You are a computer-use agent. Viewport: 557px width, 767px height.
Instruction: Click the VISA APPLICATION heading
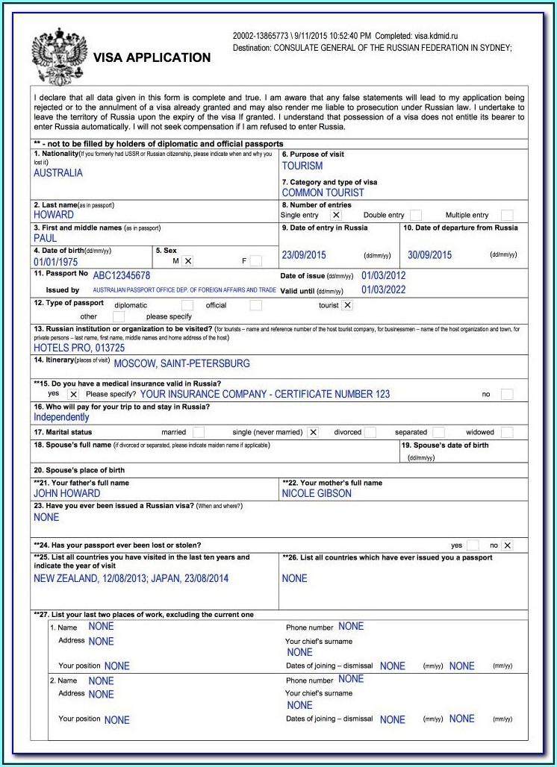(x=152, y=57)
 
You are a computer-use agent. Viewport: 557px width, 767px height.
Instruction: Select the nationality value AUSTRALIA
(x=58, y=173)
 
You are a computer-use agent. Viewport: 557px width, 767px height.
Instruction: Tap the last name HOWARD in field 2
(x=54, y=215)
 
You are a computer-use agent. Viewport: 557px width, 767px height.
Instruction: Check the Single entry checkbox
(x=336, y=215)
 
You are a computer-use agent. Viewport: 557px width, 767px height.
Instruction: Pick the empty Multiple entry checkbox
(x=507, y=215)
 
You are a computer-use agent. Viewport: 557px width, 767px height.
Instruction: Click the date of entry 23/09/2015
(x=304, y=255)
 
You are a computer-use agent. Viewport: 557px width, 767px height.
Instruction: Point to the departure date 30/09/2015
(x=429, y=255)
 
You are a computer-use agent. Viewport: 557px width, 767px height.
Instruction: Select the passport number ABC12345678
(x=122, y=275)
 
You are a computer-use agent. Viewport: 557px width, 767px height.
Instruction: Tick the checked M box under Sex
(x=188, y=260)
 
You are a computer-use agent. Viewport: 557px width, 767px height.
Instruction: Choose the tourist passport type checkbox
(x=347, y=305)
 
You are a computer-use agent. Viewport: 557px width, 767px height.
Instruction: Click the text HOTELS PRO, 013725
(x=79, y=348)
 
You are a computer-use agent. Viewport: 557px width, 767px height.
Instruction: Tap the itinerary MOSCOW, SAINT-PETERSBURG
(x=181, y=364)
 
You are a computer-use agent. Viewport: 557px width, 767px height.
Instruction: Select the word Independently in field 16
(x=61, y=417)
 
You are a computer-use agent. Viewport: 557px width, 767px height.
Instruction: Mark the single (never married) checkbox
(x=313, y=432)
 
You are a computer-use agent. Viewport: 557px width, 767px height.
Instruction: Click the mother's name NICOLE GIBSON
(x=317, y=493)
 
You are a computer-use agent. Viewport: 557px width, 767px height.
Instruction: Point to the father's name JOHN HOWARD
(x=67, y=493)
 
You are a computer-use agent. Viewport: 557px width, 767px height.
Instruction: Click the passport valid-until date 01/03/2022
(x=384, y=289)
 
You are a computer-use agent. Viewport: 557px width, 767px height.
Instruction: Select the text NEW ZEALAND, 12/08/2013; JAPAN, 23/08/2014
(x=131, y=578)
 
